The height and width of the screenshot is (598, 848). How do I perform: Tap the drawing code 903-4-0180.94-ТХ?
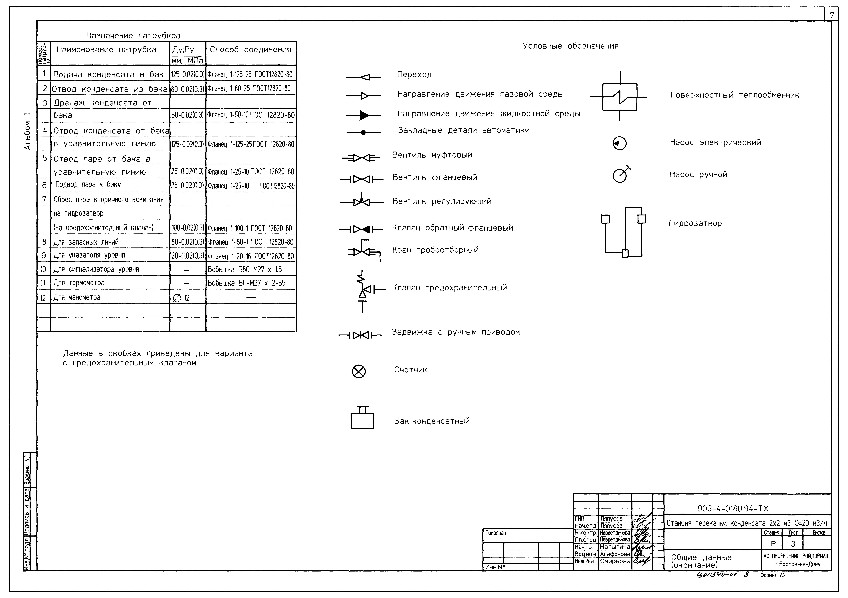click(x=733, y=509)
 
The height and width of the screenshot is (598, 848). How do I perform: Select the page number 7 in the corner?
click(x=832, y=16)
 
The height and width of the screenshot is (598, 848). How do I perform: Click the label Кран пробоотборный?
click(x=435, y=250)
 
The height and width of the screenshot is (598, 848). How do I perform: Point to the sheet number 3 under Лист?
click(x=793, y=544)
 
